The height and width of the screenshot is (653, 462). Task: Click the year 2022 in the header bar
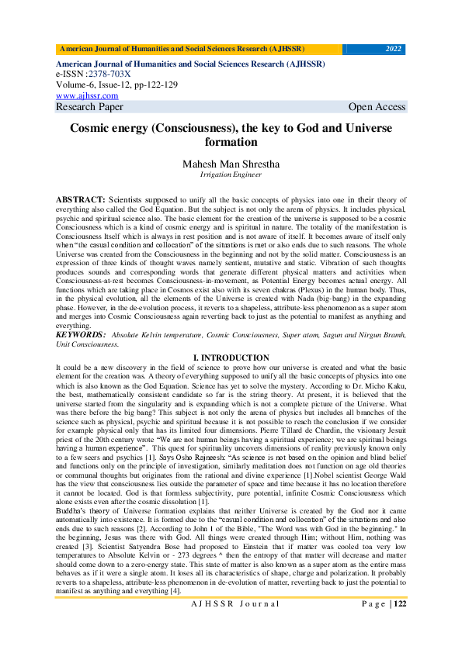pyautogui.click(x=394, y=49)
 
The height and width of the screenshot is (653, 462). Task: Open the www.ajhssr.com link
pyautogui.click(x=82, y=95)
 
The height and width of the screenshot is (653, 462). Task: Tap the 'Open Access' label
pyautogui.click(x=377, y=107)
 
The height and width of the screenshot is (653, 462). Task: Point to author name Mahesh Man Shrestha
pyautogui.click(x=231, y=164)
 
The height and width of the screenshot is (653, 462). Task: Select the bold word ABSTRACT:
pyautogui.click(x=81, y=199)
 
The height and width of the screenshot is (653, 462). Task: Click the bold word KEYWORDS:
pyautogui.click(x=82, y=334)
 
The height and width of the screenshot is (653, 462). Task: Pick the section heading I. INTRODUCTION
pyautogui.click(x=231, y=355)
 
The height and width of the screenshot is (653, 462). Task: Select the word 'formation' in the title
pyautogui.click(x=231, y=143)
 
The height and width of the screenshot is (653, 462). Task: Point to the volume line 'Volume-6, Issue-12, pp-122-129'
pyautogui.click(x=116, y=85)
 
